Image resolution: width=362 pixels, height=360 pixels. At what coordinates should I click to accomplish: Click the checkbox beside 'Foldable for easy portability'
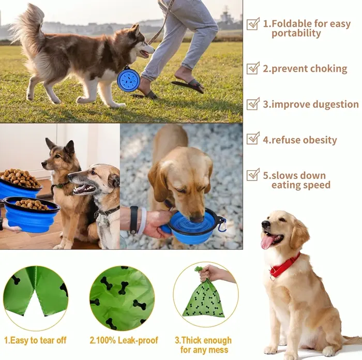coord(253,24)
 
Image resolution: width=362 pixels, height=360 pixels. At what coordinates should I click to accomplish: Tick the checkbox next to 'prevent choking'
coord(253,68)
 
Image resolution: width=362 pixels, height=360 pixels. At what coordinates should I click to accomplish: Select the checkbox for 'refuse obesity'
coord(253,139)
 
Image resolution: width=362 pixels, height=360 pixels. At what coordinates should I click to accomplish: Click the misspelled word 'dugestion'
coord(336,104)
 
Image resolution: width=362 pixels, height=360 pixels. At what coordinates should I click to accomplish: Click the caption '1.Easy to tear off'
coord(35,340)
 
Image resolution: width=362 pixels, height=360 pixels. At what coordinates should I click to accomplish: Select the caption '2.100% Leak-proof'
coord(124,340)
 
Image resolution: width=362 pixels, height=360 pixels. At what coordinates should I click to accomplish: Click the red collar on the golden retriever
coord(285,265)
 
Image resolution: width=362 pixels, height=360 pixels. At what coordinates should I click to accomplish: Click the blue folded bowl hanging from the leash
coord(128,79)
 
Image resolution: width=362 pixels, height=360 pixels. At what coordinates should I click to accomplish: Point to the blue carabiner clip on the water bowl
coord(221,225)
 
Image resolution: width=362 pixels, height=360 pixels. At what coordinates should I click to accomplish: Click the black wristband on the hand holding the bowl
coord(133,220)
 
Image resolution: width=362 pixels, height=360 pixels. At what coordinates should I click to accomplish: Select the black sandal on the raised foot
coord(187,86)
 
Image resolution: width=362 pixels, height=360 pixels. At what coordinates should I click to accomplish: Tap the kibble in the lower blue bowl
coord(32,204)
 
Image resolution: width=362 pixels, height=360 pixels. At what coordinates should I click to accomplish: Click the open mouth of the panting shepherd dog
coord(84,189)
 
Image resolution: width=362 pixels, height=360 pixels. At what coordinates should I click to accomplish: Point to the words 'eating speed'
coord(301,185)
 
